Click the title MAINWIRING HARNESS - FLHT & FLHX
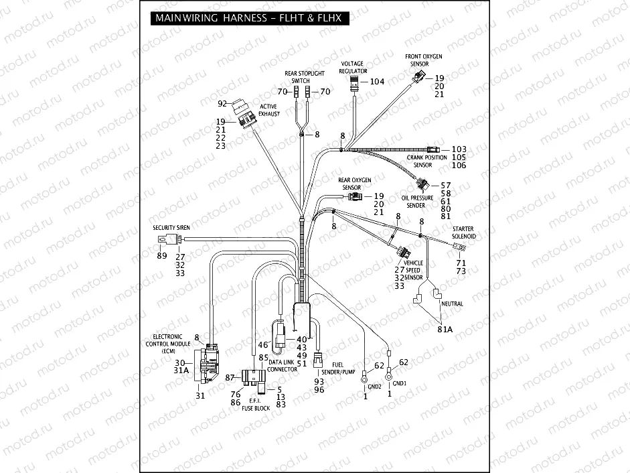point(246,19)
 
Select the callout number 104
point(377,82)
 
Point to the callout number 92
point(222,104)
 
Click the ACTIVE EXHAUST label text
point(268,111)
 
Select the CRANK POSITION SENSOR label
point(426,161)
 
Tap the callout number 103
point(459,149)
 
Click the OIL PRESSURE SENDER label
point(417,202)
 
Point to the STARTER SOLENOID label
point(463,232)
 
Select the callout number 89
point(161,256)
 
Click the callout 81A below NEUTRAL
point(445,330)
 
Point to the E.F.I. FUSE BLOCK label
point(256,404)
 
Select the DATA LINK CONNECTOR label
point(283,366)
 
